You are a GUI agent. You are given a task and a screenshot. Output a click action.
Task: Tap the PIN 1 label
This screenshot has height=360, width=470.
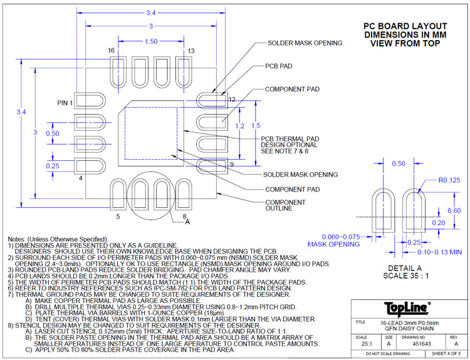(x=65, y=103)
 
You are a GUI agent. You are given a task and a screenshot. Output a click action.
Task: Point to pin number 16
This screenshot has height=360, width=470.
(x=111, y=50)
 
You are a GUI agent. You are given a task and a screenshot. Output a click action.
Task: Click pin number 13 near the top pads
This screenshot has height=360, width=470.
(x=191, y=51)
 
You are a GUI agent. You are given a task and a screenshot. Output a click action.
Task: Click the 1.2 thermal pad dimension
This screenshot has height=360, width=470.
(x=239, y=126)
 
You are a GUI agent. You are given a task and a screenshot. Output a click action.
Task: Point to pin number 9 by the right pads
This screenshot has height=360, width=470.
(x=231, y=164)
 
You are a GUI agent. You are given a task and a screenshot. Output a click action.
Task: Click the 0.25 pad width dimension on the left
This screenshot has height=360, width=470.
(x=52, y=165)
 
